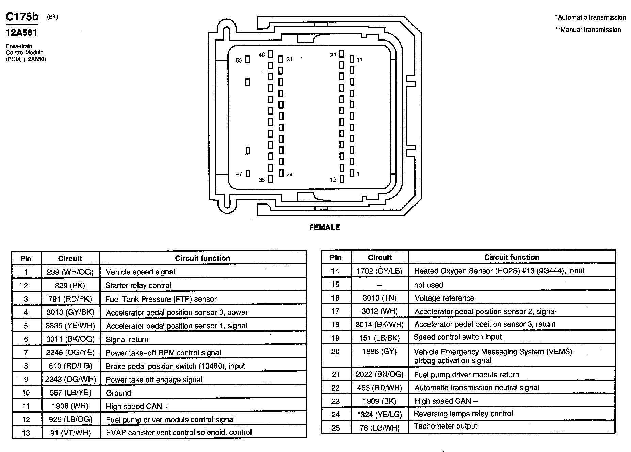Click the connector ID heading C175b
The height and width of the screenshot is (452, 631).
(x=22, y=17)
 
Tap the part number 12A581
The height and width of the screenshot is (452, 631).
(x=21, y=33)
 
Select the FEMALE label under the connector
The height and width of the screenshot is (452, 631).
(x=324, y=227)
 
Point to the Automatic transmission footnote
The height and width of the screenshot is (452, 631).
(x=590, y=17)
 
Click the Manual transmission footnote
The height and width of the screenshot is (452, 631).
(x=588, y=30)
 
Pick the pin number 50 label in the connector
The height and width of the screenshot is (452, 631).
(x=239, y=60)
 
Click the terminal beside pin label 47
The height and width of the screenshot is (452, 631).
(x=248, y=173)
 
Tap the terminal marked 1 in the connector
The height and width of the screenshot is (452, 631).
(x=352, y=173)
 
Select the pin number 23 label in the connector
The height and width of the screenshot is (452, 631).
(x=333, y=55)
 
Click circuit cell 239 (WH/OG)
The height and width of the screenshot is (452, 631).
(x=70, y=272)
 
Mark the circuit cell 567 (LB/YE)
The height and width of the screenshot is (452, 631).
(x=70, y=393)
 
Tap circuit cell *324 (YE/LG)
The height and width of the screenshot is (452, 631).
(x=379, y=414)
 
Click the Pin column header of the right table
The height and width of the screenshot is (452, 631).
(x=335, y=258)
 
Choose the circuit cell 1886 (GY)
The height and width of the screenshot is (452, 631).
(x=379, y=351)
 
